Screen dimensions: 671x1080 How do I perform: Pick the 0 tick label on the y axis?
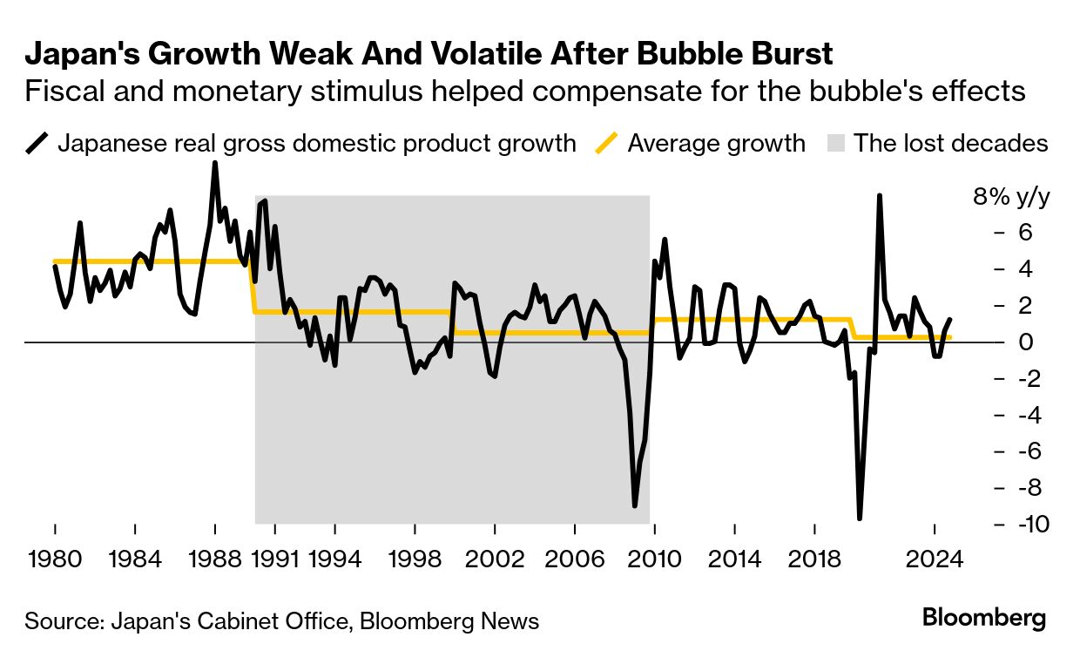click(1025, 342)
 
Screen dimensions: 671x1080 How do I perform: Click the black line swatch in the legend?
click(37, 143)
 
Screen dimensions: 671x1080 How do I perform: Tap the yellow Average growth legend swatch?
click(608, 143)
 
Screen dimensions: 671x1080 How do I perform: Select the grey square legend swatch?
click(834, 143)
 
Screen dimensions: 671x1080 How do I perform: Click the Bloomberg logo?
click(983, 619)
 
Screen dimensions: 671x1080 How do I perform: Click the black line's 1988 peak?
click(214, 164)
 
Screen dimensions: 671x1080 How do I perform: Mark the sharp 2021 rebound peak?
click(880, 196)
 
